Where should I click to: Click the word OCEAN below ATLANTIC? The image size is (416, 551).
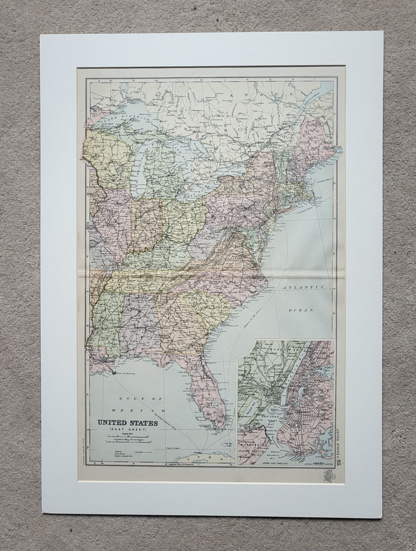coord(302,310)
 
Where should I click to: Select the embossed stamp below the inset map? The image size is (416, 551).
coord(328,476)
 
